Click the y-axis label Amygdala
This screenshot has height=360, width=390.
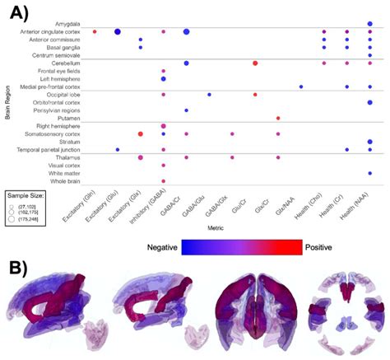click(x=68, y=24)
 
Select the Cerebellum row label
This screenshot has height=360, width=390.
click(x=66, y=63)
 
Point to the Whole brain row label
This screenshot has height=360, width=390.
click(x=65, y=180)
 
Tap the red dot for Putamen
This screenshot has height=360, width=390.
click(x=278, y=118)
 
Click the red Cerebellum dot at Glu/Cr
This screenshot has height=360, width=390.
click(x=255, y=63)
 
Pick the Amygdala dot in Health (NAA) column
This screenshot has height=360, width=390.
click(x=370, y=24)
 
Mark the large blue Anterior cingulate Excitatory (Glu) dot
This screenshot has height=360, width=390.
click(x=118, y=31)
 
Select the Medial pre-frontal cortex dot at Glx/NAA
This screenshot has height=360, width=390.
click(x=301, y=86)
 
